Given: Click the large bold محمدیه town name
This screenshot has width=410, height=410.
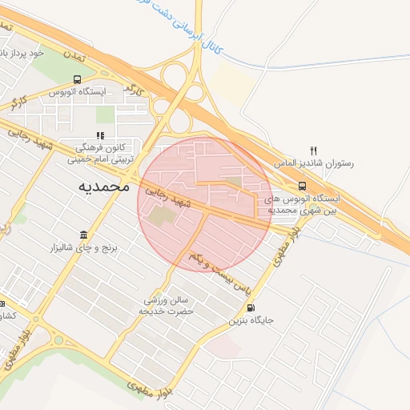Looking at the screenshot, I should pyautogui.click(x=103, y=186).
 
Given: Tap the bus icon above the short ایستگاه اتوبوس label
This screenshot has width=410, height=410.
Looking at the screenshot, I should pyautogui.click(x=77, y=80).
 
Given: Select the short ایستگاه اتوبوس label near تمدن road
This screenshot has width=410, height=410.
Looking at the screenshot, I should pyautogui.click(x=78, y=92).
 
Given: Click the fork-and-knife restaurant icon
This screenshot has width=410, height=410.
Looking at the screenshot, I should pyautogui.click(x=314, y=150).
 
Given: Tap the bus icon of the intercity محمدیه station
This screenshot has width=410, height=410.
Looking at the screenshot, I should pyautogui.click(x=301, y=187).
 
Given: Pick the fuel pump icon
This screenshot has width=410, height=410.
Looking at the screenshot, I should pyautogui.click(x=251, y=307).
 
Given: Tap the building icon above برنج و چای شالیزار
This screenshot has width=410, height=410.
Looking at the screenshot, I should pyautogui.click(x=85, y=235).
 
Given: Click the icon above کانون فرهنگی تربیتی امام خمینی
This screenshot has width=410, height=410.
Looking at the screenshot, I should pyautogui.click(x=100, y=135).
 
